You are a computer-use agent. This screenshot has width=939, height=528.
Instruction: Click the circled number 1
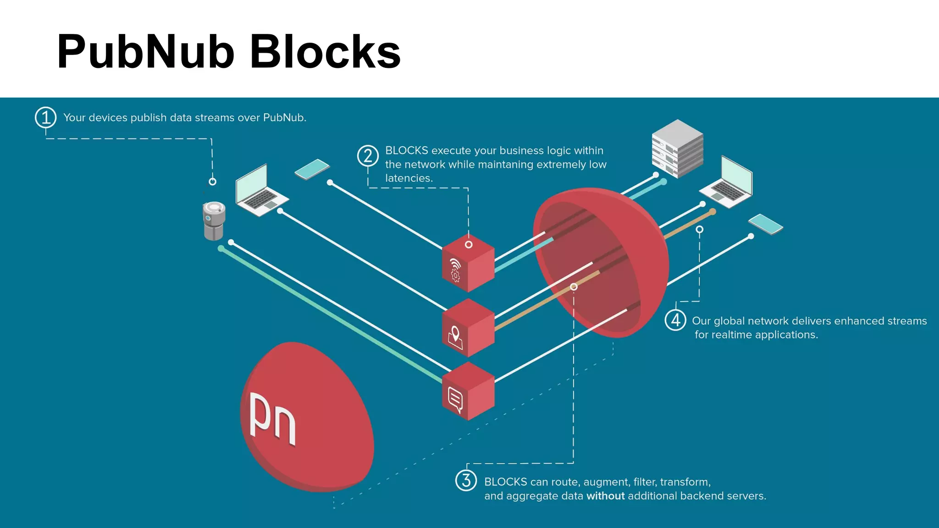click(46, 118)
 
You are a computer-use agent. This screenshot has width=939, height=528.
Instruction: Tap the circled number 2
click(368, 156)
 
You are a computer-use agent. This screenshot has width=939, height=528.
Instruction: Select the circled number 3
click(466, 481)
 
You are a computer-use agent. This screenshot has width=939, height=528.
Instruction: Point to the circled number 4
click(675, 320)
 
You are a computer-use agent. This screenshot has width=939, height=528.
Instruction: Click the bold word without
click(605, 496)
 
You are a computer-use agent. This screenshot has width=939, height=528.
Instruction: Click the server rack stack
click(677, 148)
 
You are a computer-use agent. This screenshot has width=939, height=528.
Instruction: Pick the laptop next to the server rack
click(729, 183)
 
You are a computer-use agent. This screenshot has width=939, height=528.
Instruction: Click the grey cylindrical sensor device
click(214, 221)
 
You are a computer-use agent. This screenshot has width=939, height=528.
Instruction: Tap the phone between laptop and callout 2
click(312, 169)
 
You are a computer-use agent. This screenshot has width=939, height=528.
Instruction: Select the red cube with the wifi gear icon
click(468, 264)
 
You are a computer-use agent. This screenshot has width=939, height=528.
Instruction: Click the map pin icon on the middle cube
click(455, 337)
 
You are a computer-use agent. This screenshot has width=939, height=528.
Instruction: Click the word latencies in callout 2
click(409, 178)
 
